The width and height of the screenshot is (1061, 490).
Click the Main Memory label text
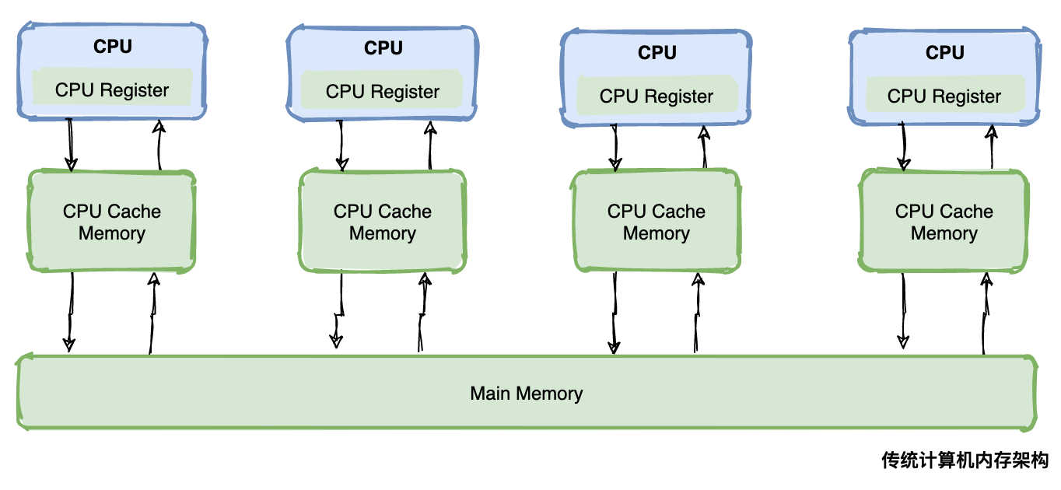tap(526, 394)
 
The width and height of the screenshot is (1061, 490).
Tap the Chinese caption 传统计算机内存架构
tap(965, 460)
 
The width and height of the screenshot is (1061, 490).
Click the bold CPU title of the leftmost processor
tap(113, 47)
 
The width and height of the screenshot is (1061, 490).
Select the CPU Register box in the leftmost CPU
tap(112, 90)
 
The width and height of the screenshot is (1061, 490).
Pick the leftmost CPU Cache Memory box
tap(112, 222)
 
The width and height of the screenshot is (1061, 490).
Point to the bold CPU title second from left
tap(383, 48)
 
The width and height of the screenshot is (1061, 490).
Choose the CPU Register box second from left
tap(383, 92)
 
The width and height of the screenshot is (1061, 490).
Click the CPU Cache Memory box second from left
tap(383, 222)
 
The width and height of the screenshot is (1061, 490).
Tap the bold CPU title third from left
tap(657, 53)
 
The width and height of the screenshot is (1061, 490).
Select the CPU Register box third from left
tap(657, 96)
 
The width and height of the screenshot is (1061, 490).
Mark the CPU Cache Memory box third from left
tap(657, 222)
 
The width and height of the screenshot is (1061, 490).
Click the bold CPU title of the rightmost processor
tap(945, 53)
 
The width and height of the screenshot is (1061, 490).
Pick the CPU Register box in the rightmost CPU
tap(944, 96)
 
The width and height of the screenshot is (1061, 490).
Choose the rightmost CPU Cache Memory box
tap(944, 222)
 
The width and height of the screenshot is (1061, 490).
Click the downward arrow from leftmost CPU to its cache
tap(71, 145)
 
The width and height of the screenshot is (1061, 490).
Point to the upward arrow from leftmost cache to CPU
tap(159, 145)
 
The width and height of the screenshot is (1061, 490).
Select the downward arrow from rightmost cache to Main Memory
tap(903, 311)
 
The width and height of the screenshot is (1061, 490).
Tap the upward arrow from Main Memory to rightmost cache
tap(986, 311)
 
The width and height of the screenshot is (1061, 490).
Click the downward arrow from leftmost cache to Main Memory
tap(71, 311)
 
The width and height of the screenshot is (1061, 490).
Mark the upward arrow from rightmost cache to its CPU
tap(991, 147)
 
